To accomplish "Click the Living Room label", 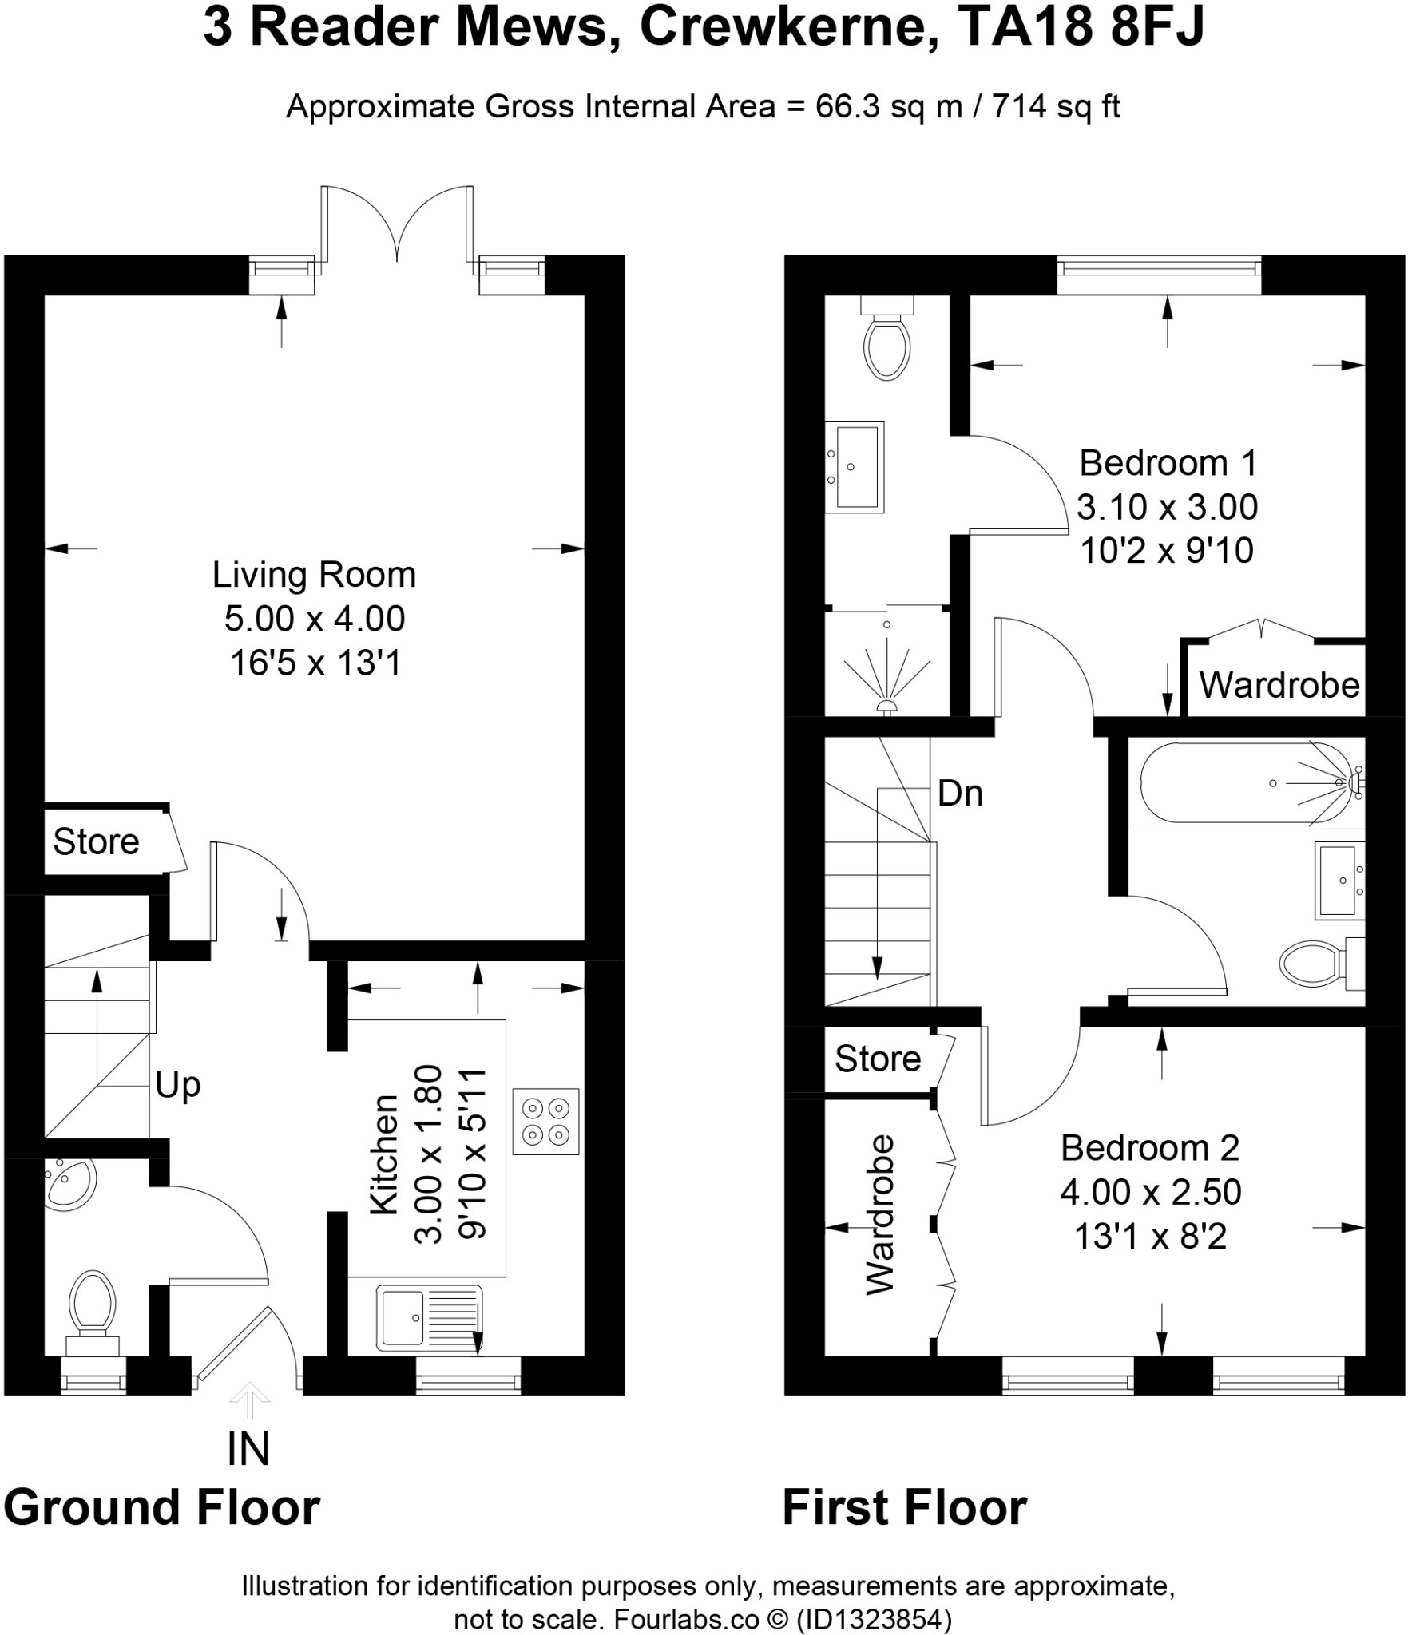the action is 314,575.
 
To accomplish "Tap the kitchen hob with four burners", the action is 545,1121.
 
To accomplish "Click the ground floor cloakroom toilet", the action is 92,1312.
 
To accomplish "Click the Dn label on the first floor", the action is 960,794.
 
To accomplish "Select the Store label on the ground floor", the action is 96,841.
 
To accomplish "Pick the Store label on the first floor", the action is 878,1059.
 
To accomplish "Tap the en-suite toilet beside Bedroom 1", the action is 887,338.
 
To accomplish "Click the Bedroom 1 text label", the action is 1168,463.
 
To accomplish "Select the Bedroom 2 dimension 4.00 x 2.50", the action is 1150,1192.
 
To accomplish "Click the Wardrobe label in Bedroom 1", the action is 1279,685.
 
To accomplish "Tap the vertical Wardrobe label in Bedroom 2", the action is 881,1213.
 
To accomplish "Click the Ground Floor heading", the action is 162,1507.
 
